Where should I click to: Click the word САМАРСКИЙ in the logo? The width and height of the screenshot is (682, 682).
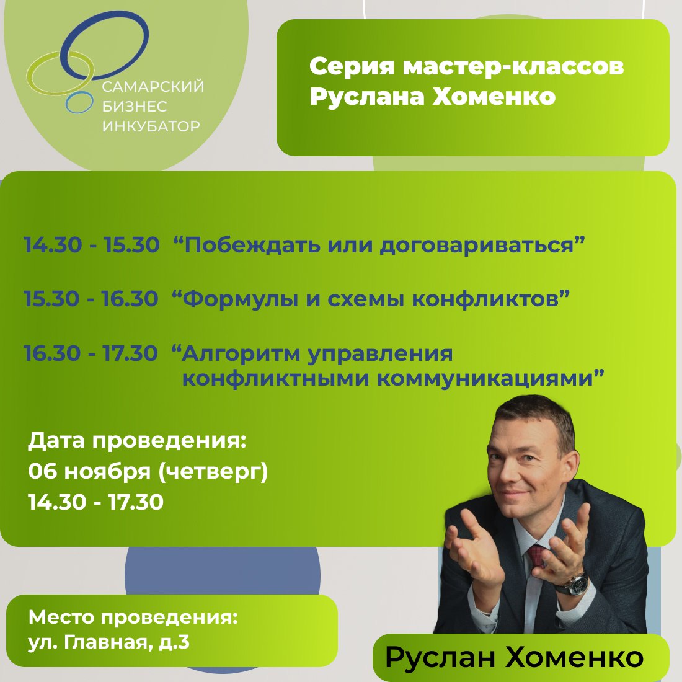tap(153, 87)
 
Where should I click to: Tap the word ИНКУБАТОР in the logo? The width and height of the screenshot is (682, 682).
tap(151, 126)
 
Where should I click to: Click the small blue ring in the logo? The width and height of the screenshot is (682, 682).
tap(79, 103)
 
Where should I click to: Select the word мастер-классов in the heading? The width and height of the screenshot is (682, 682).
tap(513, 66)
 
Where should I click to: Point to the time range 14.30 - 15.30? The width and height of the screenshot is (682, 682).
tap(92, 245)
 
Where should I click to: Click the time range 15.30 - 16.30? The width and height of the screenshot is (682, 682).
tap(92, 299)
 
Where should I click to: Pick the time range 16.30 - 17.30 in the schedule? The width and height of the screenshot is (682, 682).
tap(92, 353)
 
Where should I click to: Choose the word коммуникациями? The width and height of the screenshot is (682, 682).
tap(484, 378)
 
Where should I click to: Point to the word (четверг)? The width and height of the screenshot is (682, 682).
tap(213, 472)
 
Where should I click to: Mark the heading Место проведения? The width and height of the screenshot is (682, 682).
tap(133, 618)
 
